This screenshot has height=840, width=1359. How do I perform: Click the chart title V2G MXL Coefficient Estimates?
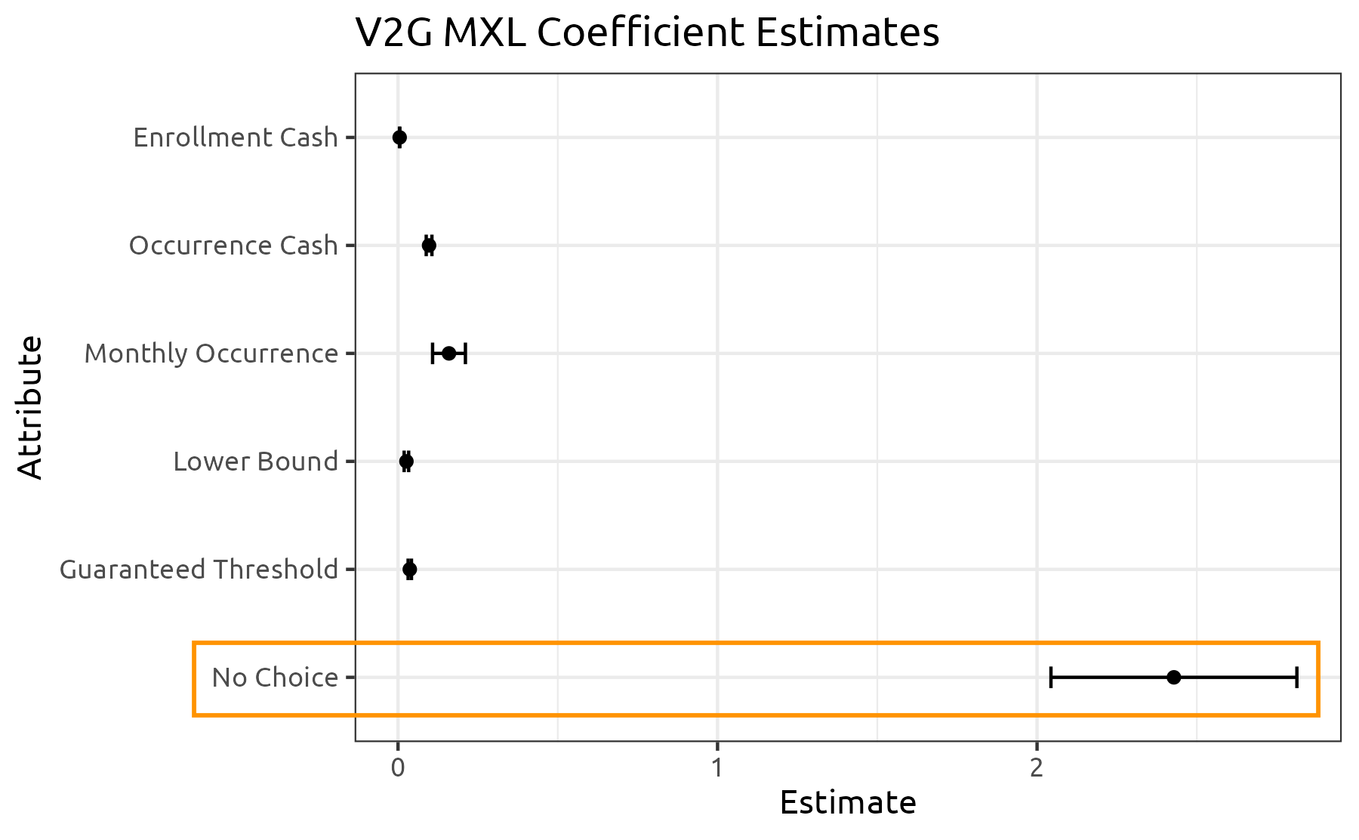tap(647, 33)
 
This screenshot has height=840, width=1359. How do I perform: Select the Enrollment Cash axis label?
tap(236, 137)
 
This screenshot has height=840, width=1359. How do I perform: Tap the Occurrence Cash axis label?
tap(233, 246)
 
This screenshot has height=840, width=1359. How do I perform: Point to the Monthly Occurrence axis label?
tap(211, 354)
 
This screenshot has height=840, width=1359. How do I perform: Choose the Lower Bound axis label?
tap(255, 462)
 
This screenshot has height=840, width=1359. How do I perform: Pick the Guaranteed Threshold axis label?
tap(199, 570)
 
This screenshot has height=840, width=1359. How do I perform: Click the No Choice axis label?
tap(275, 678)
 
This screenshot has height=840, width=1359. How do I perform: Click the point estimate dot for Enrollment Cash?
tap(399, 137)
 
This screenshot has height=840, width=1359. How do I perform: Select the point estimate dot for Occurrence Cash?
tap(429, 246)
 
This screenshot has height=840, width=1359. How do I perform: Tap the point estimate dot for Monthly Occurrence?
tap(448, 354)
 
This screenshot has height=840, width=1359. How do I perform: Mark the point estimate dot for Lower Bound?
tap(406, 462)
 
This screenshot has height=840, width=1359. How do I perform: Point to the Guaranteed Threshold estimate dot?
tap(409, 570)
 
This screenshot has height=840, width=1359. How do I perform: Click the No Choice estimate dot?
tap(1173, 678)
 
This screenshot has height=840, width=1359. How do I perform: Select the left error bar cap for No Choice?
tap(1051, 678)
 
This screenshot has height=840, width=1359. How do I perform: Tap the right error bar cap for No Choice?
tap(1296, 678)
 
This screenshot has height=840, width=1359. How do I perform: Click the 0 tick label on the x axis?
tap(398, 767)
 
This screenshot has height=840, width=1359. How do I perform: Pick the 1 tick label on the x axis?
tap(717, 767)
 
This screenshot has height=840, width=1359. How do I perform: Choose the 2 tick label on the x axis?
tap(1037, 767)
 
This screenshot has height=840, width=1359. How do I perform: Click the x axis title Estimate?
tap(848, 803)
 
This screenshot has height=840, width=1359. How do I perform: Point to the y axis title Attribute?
tap(30, 407)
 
